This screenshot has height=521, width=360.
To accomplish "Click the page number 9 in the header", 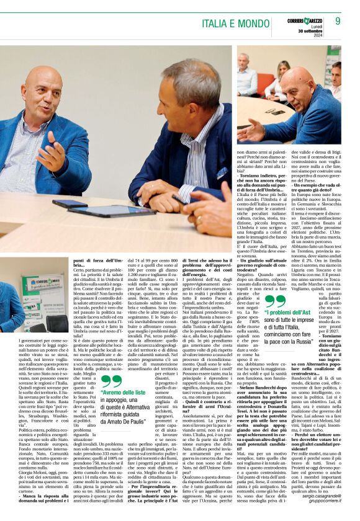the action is tap(338, 21).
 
